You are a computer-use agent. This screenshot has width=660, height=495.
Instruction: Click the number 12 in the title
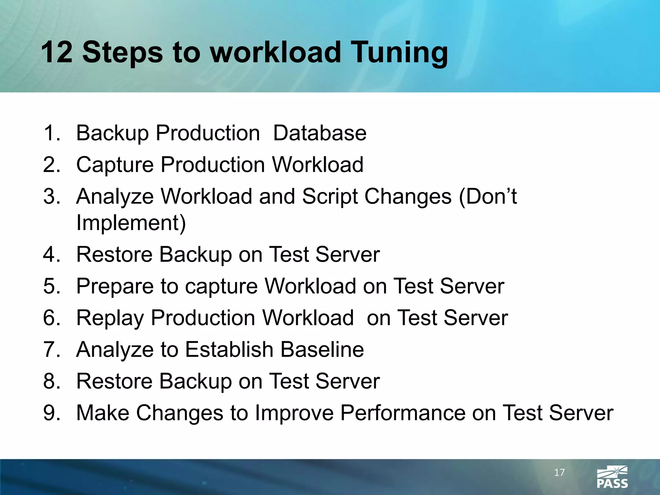[x=57, y=52]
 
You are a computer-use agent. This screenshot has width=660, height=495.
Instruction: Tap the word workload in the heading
[x=275, y=52]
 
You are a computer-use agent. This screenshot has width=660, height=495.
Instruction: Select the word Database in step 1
[x=319, y=133]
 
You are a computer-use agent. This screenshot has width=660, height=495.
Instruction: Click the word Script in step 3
[x=330, y=197]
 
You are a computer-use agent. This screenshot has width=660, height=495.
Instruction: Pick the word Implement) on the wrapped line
[x=131, y=223]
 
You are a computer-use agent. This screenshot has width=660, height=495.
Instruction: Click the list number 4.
[x=52, y=254]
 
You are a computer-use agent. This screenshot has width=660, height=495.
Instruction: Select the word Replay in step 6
[x=110, y=318]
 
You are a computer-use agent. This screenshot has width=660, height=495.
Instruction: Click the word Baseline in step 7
[x=322, y=349]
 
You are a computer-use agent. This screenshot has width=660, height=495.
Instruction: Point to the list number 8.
[x=52, y=381]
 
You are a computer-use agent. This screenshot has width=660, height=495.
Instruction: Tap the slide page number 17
[x=559, y=472]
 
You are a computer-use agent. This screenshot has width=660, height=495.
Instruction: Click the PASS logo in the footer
[x=612, y=477]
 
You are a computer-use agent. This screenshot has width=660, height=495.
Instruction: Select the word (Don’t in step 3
[x=488, y=197]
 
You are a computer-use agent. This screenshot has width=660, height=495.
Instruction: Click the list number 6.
[x=52, y=318]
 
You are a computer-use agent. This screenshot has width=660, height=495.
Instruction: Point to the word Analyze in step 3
[x=115, y=197]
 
